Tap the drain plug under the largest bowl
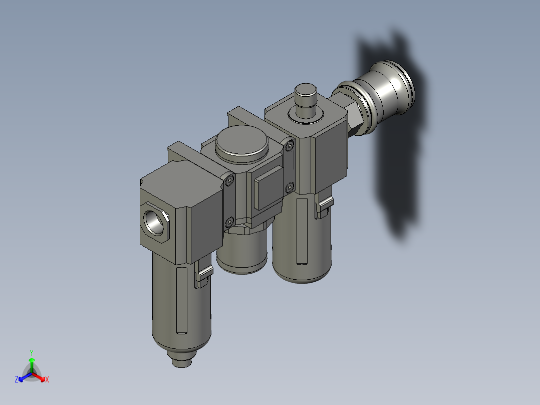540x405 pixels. (182, 361)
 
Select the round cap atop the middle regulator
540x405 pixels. (240, 143)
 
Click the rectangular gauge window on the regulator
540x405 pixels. (269, 189)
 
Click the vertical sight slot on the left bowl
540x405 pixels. (182, 301)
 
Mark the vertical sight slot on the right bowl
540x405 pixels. (302, 231)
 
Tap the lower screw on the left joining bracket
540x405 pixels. (229, 221)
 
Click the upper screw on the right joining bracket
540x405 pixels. (289, 146)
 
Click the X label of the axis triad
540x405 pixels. (47, 380)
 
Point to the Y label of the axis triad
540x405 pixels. (31, 352)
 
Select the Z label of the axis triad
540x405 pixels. (17, 380)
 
